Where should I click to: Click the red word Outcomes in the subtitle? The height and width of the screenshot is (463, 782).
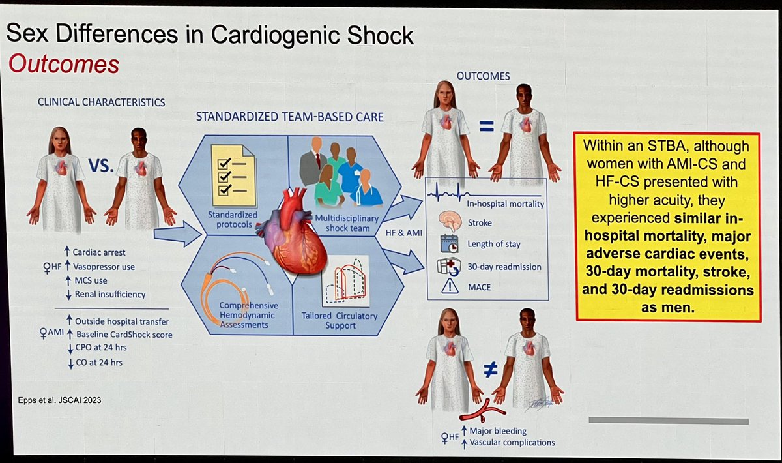(63, 65)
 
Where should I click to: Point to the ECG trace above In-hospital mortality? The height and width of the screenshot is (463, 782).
(470, 193)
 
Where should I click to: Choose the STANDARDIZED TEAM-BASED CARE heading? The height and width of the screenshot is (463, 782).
(290, 117)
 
